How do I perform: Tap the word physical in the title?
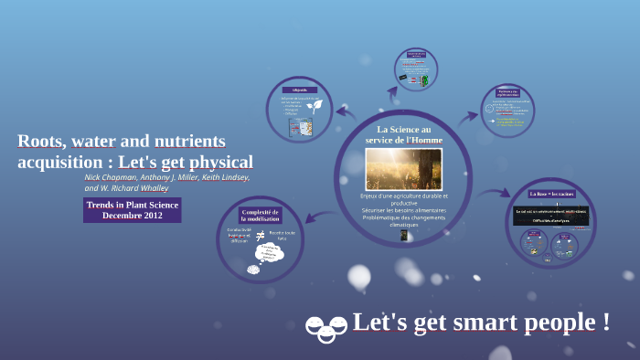pos(216,163)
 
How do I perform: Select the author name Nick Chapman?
pos(110,177)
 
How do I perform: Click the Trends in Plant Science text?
pos(132,205)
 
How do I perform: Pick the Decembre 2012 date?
pos(132,216)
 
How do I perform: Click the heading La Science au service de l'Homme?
pos(403,134)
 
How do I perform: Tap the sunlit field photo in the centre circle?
pos(403,168)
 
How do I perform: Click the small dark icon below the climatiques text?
pos(403,235)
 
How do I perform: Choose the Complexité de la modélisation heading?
pos(261,216)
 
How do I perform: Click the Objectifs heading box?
pos(299,90)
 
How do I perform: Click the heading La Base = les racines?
pos(551,194)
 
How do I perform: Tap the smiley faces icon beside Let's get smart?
pos(325,326)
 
